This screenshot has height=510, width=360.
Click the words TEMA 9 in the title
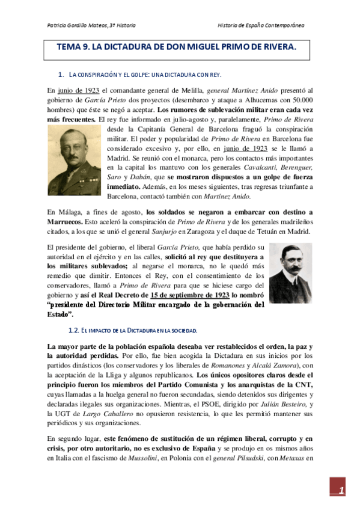[x=72, y=47]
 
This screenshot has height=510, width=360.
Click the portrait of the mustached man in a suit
[x=291, y=272]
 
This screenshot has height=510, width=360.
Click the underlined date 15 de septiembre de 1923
[x=190, y=295]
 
